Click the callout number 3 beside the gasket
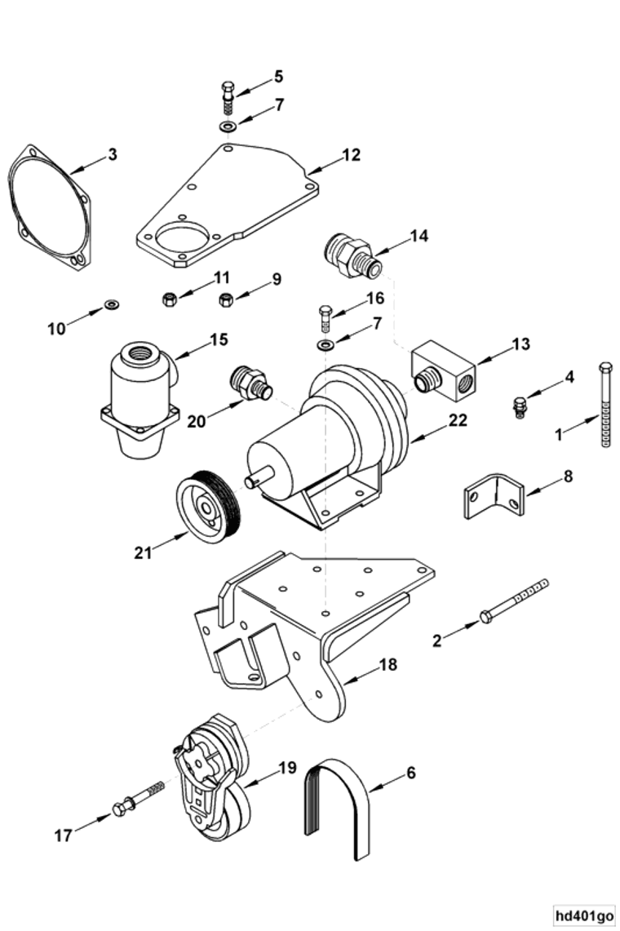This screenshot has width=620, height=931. point(113,154)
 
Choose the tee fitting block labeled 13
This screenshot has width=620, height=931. point(445,370)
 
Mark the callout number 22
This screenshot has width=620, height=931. point(458,419)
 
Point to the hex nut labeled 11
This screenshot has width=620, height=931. point(170,299)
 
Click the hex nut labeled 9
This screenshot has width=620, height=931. point(227,299)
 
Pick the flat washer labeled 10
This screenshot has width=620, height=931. point(110,306)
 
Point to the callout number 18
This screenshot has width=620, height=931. point(387,665)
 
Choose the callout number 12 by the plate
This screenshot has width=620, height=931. point(351,154)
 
